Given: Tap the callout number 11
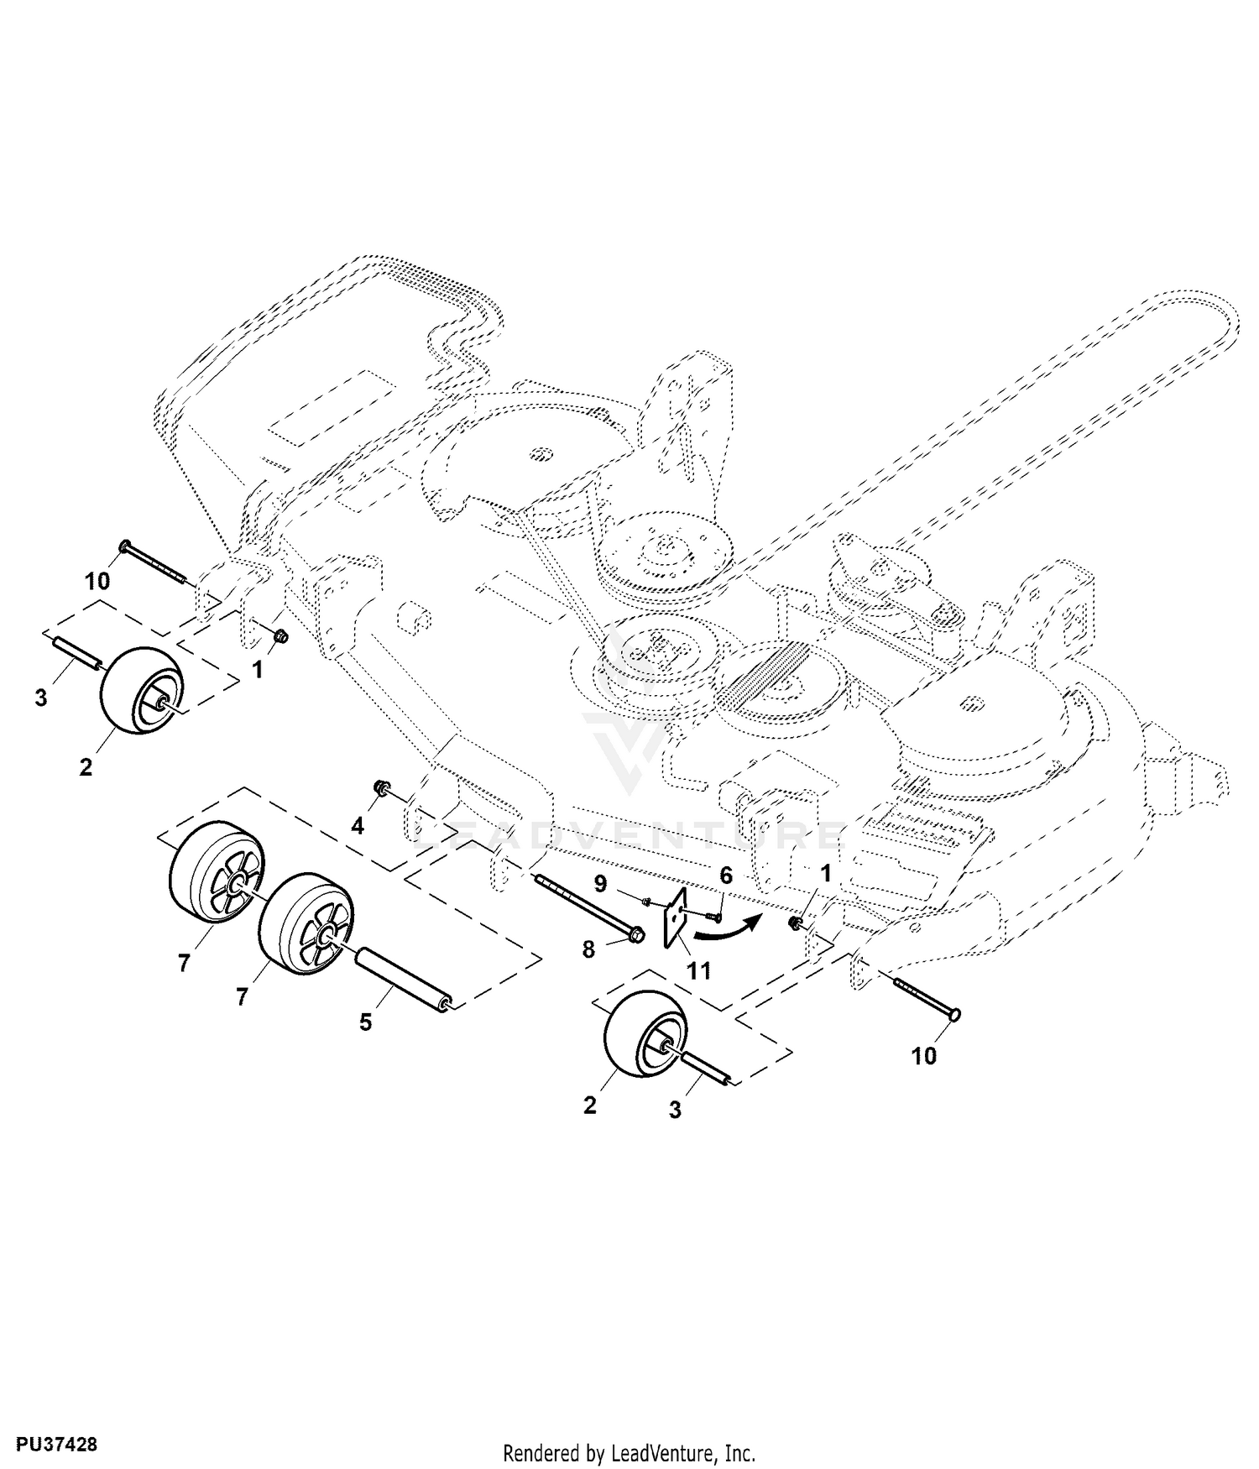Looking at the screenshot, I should click(x=698, y=971).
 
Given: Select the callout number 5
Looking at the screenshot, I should click(x=366, y=1023).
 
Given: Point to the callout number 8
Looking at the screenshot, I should click(x=588, y=949).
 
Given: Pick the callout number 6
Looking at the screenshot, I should click(x=726, y=876).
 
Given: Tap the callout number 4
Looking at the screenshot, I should click(x=358, y=826).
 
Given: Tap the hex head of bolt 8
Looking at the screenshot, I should click(x=636, y=933).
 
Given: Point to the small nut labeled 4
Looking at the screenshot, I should click(x=379, y=787).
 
